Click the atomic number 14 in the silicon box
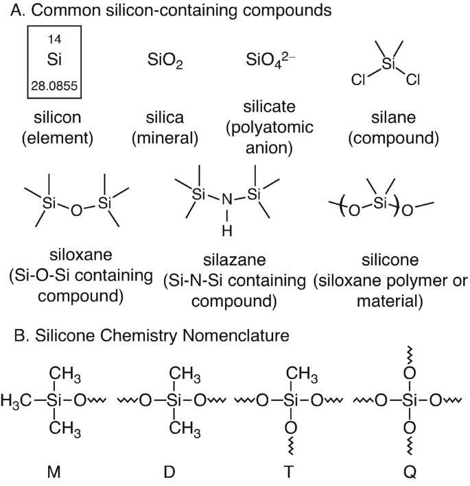coord(54,39)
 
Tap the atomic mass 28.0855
coord(54,86)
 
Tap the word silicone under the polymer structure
coord(388,261)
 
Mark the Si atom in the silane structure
coord(389,64)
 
